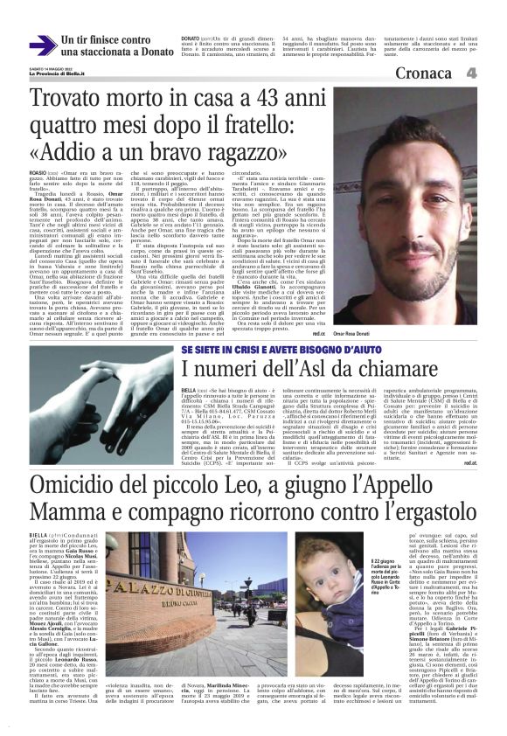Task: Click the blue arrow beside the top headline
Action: point(43,45)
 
